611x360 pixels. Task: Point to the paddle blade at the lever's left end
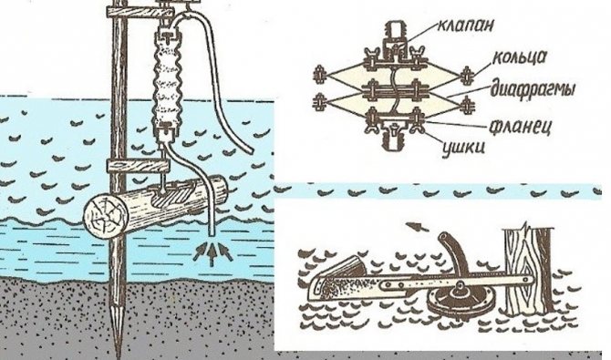click(x=333, y=284)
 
